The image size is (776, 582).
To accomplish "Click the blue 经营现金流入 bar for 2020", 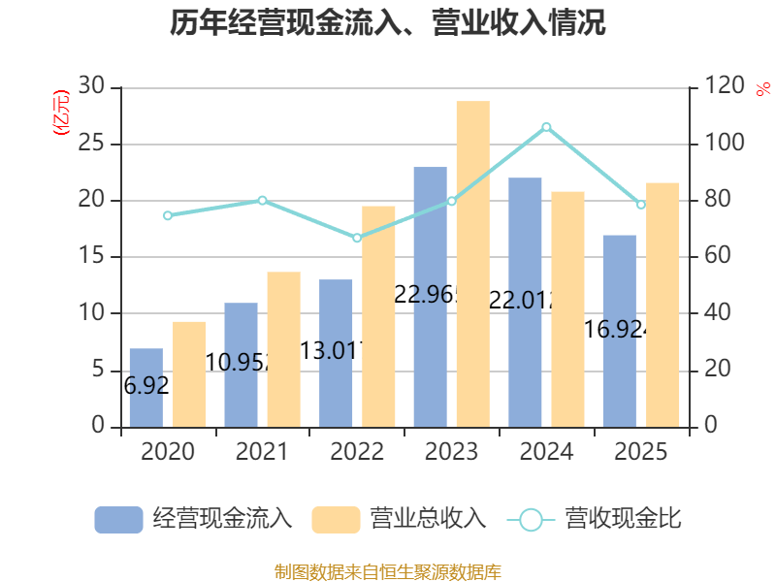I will click(x=145, y=387).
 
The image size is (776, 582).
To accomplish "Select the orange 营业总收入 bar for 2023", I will click(x=472, y=264).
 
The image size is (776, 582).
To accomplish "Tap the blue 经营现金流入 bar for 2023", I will click(x=430, y=296).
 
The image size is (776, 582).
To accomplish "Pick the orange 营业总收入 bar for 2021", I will click(x=283, y=349).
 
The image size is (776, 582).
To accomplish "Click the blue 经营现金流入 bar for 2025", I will click(x=619, y=330).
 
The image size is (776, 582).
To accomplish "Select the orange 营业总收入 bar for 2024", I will click(x=567, y=308).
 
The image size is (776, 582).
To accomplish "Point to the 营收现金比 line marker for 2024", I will click(x=546, y=127).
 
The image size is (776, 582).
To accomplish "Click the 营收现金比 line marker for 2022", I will click(x=357, y=238).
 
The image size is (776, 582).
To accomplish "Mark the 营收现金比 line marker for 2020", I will click(x=168, y=215).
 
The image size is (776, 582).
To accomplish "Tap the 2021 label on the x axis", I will click(x=262, y=452).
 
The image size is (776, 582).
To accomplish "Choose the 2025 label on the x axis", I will click(x=641, y=452).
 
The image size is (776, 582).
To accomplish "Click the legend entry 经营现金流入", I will click(x=194, y=519).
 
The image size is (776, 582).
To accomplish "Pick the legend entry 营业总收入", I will click(x=399, y=519).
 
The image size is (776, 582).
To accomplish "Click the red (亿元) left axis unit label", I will click(x=61, y=111).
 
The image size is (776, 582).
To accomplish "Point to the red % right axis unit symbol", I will click(x=762, y=88).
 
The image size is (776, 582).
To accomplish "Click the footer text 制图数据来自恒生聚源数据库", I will click(x=388, y=571).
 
